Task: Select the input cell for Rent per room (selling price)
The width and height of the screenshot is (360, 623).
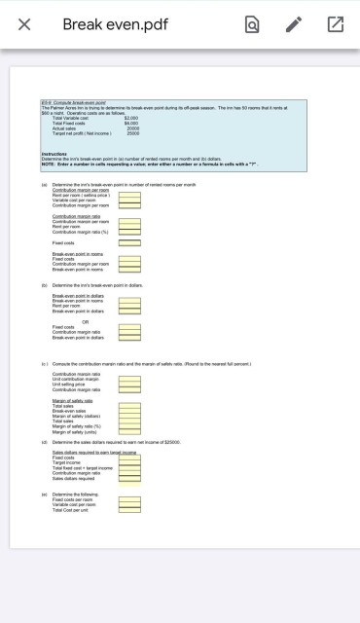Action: pyautogui.click(x=129, y=197)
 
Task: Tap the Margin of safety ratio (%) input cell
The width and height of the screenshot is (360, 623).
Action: pyautogui.click(x=129, y=426)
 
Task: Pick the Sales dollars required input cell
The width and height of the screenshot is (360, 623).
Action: pyautogui.click(x=129, y=480)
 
